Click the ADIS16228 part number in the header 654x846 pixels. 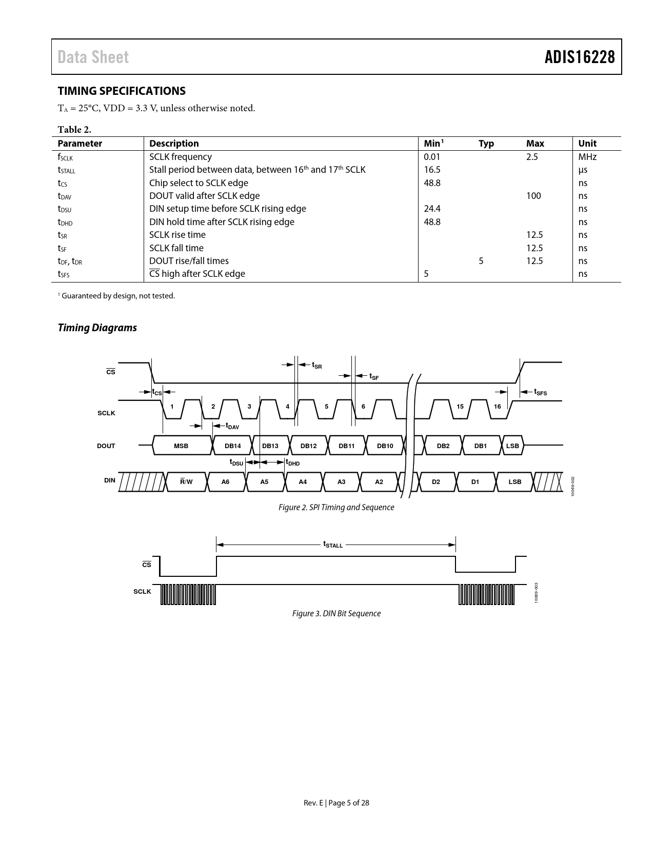[x=579, y=57]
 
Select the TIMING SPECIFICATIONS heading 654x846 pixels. [x=122, y=91]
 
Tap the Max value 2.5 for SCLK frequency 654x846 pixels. [x=532, y=157]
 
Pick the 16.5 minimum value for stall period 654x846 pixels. [x=432, y=170]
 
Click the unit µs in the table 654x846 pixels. [x=582, y=170]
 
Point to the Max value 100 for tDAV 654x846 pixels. [x=533, y=196]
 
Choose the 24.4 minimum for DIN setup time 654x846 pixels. [x=432, y=209]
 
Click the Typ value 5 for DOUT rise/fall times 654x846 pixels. [x=481, y=261]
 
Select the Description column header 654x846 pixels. [x=174, y=144]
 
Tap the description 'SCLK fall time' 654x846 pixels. [x=176, y=248]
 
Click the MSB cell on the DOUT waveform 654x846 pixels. [x=181, y=446]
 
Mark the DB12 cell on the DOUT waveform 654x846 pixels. [x=308, y=446]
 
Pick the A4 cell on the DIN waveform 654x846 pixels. [x=303, y=482]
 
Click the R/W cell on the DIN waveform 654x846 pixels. [x=186, y=482]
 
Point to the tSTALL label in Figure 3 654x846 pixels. [x=333, y=545]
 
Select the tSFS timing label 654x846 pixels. [x=540, y=392]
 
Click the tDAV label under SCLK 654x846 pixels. [x=232, y=426]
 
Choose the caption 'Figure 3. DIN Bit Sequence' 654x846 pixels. [x=336, y=614]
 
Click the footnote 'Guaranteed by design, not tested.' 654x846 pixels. [x=117, y=296]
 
